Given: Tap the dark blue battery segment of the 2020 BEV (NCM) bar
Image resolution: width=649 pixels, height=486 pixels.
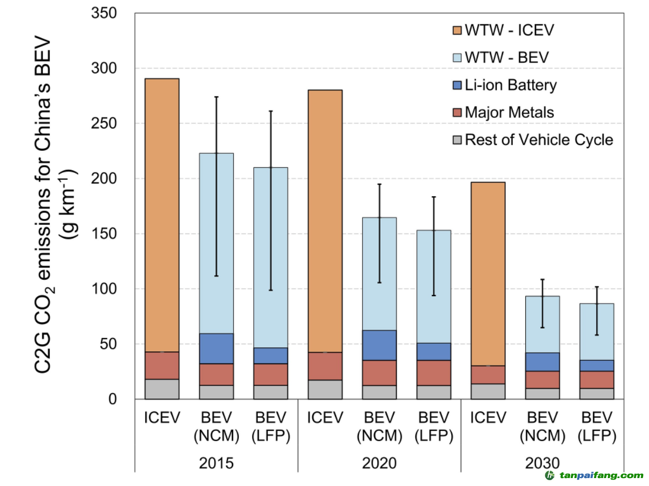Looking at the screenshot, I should pos(379,345).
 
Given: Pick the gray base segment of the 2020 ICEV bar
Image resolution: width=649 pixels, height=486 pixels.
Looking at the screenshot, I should pos(324,389).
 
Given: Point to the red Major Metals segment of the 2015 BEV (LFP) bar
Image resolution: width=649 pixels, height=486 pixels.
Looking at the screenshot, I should pos(271,374).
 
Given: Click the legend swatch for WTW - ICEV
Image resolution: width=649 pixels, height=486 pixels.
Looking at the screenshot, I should pos(457,30).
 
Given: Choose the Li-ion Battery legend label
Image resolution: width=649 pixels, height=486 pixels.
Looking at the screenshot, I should pos(511,85).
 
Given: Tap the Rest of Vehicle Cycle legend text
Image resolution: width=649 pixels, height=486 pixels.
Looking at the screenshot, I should pos(539,140).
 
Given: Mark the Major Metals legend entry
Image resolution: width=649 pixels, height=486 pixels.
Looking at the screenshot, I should pos(509,112).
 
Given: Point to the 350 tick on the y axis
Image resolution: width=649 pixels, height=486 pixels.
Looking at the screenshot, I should pos(104,13).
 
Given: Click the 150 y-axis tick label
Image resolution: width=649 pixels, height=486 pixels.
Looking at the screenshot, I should pos(104,234).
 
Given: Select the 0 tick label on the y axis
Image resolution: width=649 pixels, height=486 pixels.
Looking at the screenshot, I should pos(112,399).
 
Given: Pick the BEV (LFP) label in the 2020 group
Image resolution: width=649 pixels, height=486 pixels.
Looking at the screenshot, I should pos(434,427).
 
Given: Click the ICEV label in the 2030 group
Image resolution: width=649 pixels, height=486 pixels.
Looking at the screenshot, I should pos(487,418).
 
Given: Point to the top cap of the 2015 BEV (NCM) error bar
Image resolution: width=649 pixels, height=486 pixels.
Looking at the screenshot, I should pos(216,97).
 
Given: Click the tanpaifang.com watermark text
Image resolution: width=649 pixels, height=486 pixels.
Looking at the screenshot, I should pos(601,475).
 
